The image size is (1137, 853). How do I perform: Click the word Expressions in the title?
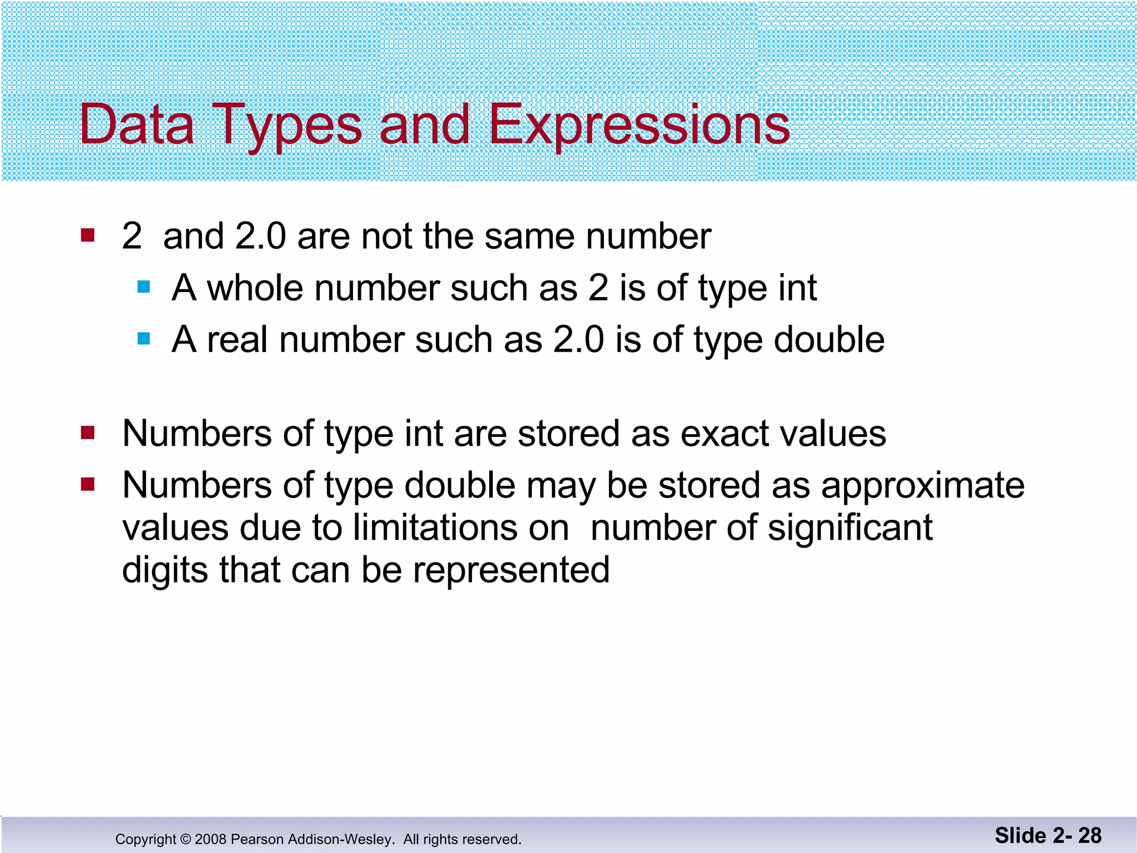638,125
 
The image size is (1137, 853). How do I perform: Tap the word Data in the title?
137,125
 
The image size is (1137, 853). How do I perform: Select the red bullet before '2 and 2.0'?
88,235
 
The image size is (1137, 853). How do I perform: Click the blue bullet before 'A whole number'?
144,287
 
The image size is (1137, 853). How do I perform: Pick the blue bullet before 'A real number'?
144,338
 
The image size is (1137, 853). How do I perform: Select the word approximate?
922,486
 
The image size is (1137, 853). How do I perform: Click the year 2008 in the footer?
210,839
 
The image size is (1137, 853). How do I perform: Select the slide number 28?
1090,835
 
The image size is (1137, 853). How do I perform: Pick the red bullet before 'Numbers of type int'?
88,432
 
